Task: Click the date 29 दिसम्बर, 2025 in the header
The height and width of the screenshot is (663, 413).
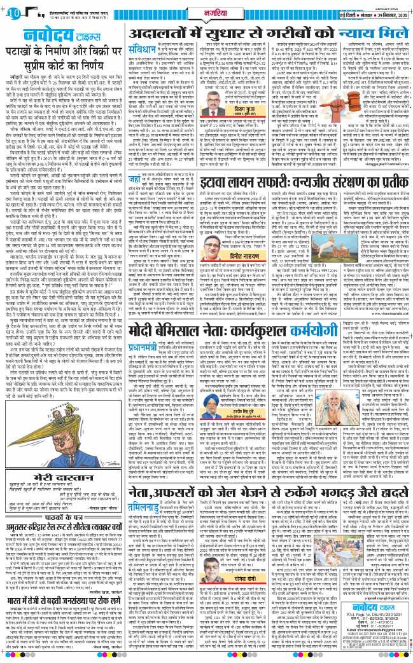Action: [386, 15]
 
